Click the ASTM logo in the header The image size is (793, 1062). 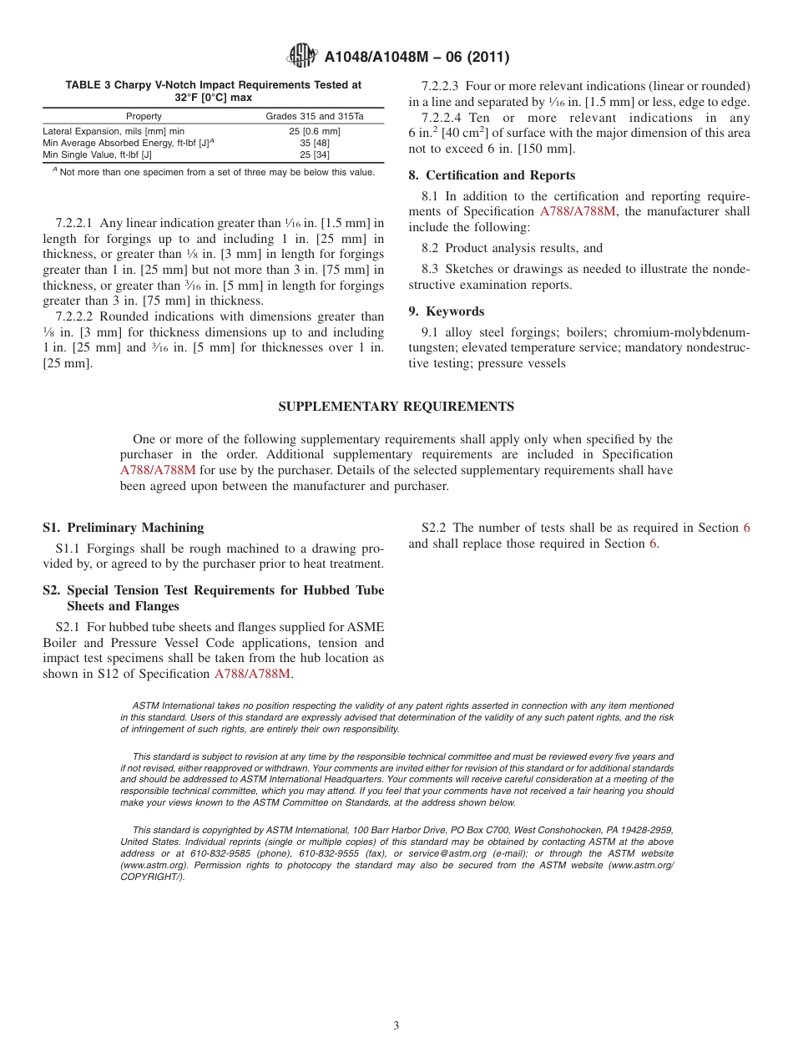[x=302, y=56]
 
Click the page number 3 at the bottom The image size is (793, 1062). [x=396, y=1025]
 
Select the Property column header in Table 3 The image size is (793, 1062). [x=144, y=116]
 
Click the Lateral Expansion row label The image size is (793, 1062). [x=114, y=131]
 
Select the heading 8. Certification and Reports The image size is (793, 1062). [x=492, y=175]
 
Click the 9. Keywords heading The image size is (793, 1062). [x=446, y=311]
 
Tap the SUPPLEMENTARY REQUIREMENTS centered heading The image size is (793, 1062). [x=396, y=407]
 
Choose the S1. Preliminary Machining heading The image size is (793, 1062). [x=123, y=528]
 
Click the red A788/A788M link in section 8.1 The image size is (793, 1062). [x=577, y=211]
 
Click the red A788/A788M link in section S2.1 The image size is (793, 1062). [x=252, y=674]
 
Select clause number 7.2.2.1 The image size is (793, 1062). [x=81, y=223]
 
